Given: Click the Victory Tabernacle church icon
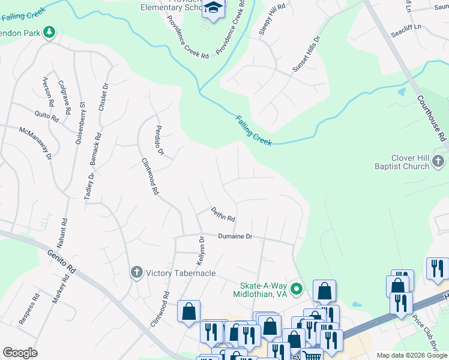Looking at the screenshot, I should [136, 272].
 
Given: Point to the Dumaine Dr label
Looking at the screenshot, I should [235, 236].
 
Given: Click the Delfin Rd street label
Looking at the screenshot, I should [222, 214].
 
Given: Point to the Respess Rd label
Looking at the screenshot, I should [28, 309].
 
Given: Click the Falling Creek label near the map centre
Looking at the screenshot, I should [254, 130].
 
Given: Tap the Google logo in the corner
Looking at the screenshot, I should [20, 353].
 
